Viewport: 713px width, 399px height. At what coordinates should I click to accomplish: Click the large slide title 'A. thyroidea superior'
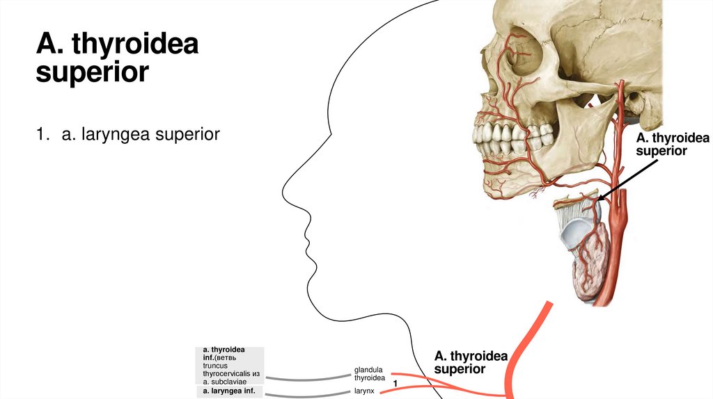pyautogui.click(x=117, y=58)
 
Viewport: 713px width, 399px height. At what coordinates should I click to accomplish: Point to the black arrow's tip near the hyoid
pyautogui.click(x=598, y=200)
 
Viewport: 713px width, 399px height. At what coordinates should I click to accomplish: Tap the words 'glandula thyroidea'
pyautogui.click(x=369, y=374)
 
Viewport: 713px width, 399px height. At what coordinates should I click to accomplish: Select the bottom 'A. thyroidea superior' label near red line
pyautogui.click(x=471, y=362)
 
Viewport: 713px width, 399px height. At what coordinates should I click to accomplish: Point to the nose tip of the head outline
pyautogui.click(x=283, y=188)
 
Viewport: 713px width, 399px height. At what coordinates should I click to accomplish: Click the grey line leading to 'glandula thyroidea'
pyautogui.click(x=306, y=379)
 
